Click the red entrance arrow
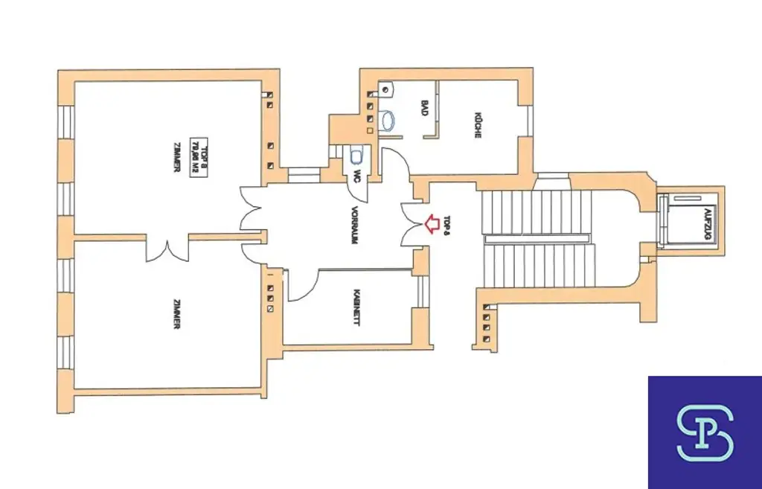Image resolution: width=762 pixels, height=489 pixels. tap(430, 223)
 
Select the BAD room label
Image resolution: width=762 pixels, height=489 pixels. tap(424, 108)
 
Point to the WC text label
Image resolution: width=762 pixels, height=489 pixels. tap(358, 176)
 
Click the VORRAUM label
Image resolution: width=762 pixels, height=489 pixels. tap(356, 226)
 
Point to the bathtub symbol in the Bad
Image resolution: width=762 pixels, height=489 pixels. tap(388, 119)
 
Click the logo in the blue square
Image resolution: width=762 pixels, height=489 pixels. tap(704, 432)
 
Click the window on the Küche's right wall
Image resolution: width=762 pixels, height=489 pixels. tap(530, 121)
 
